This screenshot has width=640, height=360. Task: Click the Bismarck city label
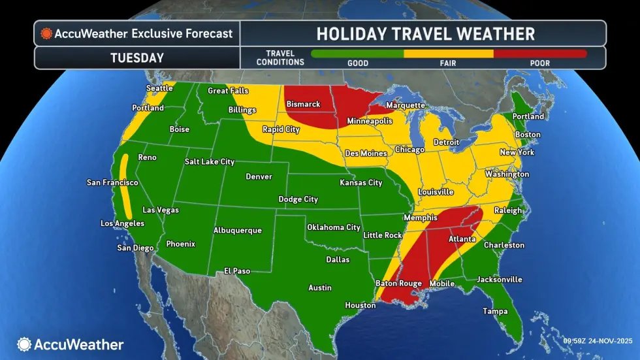coord(303,105)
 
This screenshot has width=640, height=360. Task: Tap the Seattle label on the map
coord(159,88)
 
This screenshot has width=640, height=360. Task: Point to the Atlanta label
coord(462,239)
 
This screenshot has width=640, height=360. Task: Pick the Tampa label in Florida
coord(495,311)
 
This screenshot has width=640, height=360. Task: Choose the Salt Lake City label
coord(210,161)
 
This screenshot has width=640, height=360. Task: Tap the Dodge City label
coord(298,199)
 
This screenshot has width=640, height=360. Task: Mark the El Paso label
coord(237,270)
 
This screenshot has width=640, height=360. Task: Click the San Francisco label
coord(112,182)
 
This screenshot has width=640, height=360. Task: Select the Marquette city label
coord(406,105)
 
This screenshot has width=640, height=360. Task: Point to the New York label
coord(517,152)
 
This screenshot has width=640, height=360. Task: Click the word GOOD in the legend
coord(358,63)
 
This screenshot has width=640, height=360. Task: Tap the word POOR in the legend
coord(539,63)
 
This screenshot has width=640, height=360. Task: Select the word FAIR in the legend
coord(449,63)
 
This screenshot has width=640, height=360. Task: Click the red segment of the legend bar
coord(539,54)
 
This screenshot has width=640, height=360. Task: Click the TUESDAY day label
coord(136,57)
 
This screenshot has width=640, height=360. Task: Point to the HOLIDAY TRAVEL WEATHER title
coord(425,33)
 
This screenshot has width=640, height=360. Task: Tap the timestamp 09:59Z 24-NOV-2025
coord(599,340)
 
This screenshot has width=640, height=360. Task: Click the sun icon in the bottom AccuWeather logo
coord(24,344)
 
